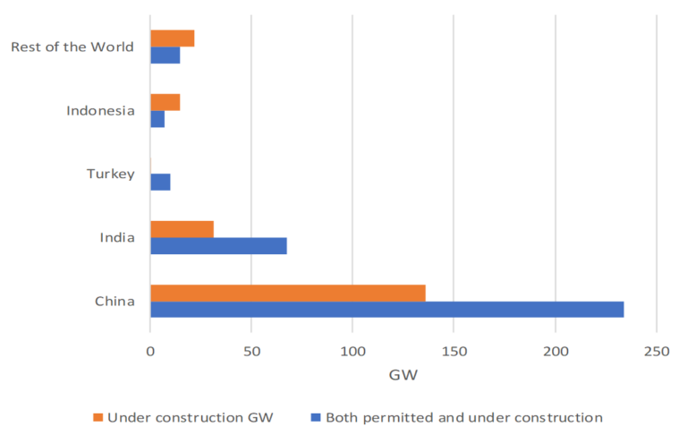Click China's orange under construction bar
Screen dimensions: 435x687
[287, 293]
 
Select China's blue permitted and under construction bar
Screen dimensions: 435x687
[386, 310]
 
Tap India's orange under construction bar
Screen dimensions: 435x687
[182, 229]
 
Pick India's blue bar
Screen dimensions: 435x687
[218, 245]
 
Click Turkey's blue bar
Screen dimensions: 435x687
[160, 182]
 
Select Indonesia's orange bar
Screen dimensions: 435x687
[165, 102]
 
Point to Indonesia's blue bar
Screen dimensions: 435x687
[157, 118]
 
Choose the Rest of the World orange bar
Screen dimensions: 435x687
[172, 38]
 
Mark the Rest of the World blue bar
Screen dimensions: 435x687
[165, 55]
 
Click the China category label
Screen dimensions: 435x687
[114, 301]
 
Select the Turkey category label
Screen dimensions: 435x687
[111, 174]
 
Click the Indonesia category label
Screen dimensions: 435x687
[100, 110]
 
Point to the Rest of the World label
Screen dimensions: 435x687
[72, 47]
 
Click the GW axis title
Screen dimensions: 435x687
[403, 376]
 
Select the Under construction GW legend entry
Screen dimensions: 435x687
[183, 417]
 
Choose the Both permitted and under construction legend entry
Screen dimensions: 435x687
[455, 417]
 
